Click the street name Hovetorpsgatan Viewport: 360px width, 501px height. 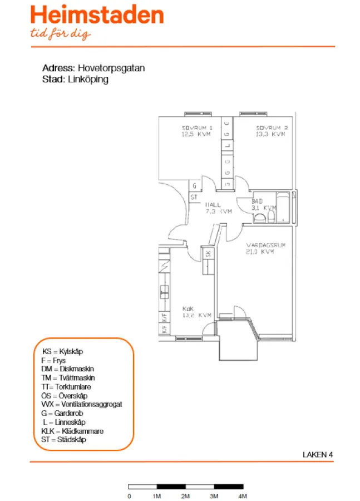(111, 68)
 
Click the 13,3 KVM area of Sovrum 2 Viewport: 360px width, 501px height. (270, 134)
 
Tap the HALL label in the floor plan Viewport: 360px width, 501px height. (213, 205)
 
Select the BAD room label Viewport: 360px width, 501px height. (257, 201)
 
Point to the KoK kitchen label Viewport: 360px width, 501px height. (188, 308)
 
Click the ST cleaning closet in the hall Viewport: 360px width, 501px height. (194, 197)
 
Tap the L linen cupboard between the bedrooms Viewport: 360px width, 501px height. (227, 147)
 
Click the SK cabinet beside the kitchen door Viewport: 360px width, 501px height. (208, 254)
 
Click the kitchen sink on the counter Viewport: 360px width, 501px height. (164, 289)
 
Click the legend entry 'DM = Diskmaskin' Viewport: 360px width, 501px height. (67, 369)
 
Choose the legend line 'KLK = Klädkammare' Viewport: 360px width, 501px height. (72, 431)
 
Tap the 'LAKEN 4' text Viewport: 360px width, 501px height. (317, 454)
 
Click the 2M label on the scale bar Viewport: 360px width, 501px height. (185, 495)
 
